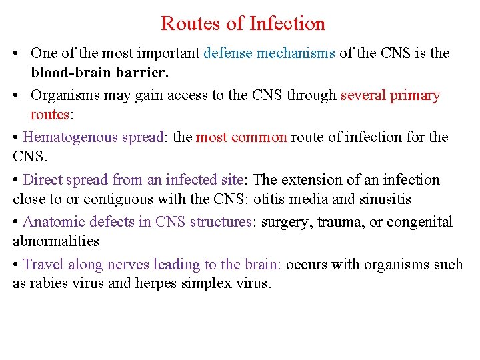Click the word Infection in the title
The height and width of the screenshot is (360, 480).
pyautogui.click(x=287, y=24)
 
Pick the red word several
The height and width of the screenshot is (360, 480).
pyautogui.click(x=363, y=95)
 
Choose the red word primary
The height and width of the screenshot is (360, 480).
pyautogui.click(x=415, y=95)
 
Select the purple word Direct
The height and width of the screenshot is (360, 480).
pyautogui.click(x=43, y=179)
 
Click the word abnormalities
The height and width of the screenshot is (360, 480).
pyautogui.click(x=55, y=241)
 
